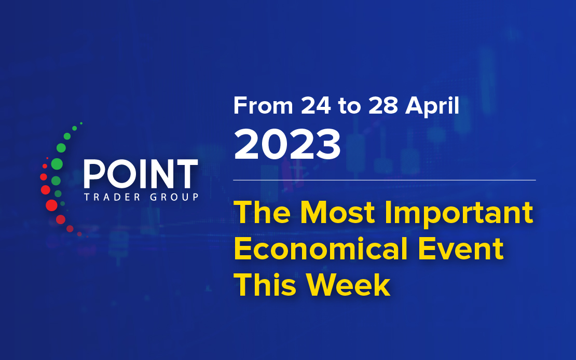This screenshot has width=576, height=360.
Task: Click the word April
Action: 432,107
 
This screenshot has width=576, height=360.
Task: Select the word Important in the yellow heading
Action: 458,214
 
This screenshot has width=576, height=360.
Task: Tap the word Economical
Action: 321,248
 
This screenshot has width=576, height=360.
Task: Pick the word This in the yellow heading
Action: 265,285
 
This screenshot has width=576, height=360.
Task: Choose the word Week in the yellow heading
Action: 348,285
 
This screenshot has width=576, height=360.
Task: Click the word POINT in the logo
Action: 141,174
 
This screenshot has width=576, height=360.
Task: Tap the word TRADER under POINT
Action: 112,197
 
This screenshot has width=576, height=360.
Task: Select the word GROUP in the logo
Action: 174,197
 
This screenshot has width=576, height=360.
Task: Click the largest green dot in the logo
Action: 57,164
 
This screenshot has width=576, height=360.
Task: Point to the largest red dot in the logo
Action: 51,205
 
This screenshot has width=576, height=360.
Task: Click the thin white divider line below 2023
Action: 384,181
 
